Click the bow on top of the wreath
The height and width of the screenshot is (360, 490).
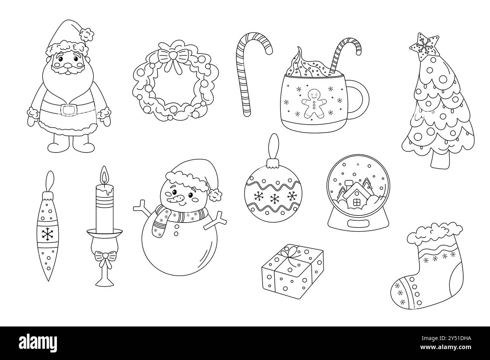pyautogui.click(x=173, y=57)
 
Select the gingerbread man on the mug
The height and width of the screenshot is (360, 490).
pyautogui.click(x=314, y=103)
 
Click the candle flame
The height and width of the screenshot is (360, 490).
pyautogui.click(x=104, y=175)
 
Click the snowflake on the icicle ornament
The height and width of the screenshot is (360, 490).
pyautogui.click(x=47, y=234)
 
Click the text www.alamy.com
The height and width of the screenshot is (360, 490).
pyautogui.click(x=446, y=347)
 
